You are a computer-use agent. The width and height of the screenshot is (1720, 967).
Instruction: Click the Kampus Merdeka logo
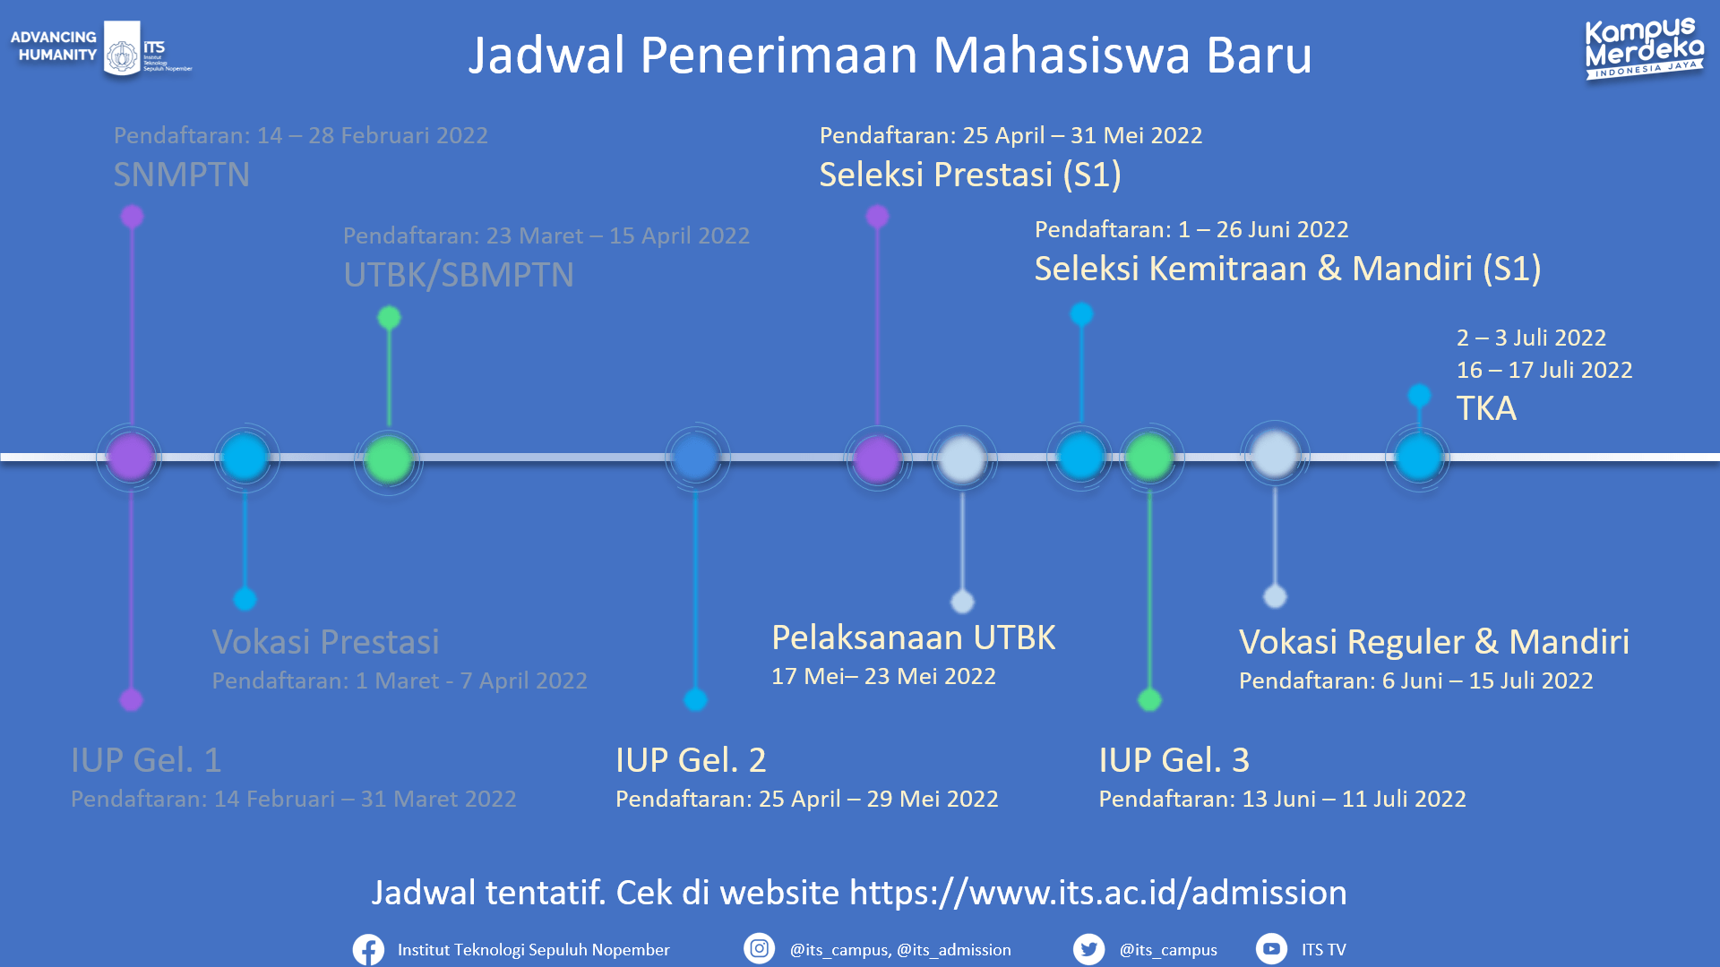pos(1644,49)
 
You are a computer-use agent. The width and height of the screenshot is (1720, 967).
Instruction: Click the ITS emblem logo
pos(123,52)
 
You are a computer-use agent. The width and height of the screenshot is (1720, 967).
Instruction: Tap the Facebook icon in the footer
pos(368,949)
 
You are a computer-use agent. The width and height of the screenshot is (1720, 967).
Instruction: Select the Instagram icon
pos(759,948)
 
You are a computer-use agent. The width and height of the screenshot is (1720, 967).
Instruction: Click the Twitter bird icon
pos(1088,948)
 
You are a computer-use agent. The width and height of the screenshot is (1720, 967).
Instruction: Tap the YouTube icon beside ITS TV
pos(1271,948)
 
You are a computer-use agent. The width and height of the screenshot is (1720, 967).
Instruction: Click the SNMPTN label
pos(182,175)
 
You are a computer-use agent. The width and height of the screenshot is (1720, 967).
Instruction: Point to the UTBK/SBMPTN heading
pos(459,275)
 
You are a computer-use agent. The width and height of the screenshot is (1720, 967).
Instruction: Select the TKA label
pos(1486,408)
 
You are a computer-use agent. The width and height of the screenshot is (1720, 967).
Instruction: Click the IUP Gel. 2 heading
pos(691,760)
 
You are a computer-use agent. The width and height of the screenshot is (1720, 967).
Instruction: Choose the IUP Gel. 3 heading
pos(1174,760)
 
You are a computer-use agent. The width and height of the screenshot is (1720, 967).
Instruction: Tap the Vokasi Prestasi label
pos(326,641)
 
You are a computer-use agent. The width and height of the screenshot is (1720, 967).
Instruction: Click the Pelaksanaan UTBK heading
pos(914,638)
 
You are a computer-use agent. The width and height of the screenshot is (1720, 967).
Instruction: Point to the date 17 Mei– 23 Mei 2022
pos(883,676)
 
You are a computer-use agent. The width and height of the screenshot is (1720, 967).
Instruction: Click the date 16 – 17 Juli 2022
pos(1544,370)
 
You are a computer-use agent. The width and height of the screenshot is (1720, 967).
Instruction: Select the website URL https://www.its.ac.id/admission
pos(1097,893)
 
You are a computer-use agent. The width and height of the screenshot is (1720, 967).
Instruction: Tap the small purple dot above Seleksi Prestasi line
pos(877,217)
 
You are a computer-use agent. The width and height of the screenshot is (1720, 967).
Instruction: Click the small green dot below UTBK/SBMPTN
pos(389,318)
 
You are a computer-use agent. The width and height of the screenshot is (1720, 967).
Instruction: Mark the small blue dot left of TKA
pos(1419,395)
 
